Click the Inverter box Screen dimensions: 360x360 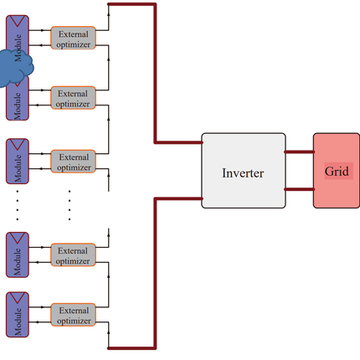pos(244,171)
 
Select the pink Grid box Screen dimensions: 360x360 pos(337,171)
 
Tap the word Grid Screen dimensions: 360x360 pos(337,171)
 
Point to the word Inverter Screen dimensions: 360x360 pos(243,173)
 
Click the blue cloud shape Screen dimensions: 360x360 pos(14,68)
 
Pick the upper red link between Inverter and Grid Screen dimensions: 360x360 pos(300,152)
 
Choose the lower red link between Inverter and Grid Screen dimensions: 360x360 pos(300,189)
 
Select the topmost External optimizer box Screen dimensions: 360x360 pos(74,38)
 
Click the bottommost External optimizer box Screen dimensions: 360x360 pos(74,315)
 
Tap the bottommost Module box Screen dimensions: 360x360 pos(18,315)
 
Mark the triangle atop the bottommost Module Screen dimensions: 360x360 pos(18,297)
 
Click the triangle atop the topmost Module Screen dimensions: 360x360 pos(18,21)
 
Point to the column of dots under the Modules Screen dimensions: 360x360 pos(18,205)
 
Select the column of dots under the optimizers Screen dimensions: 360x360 pos(69,205)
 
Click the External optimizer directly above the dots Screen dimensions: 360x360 pos(74,162)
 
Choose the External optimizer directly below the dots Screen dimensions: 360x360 pos(74,255)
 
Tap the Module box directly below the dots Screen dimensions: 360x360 pos(18,255)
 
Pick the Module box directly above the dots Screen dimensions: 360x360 pos(18,162)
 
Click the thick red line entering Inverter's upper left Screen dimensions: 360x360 pos(155,73)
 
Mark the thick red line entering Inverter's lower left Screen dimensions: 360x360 pos(155,274)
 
